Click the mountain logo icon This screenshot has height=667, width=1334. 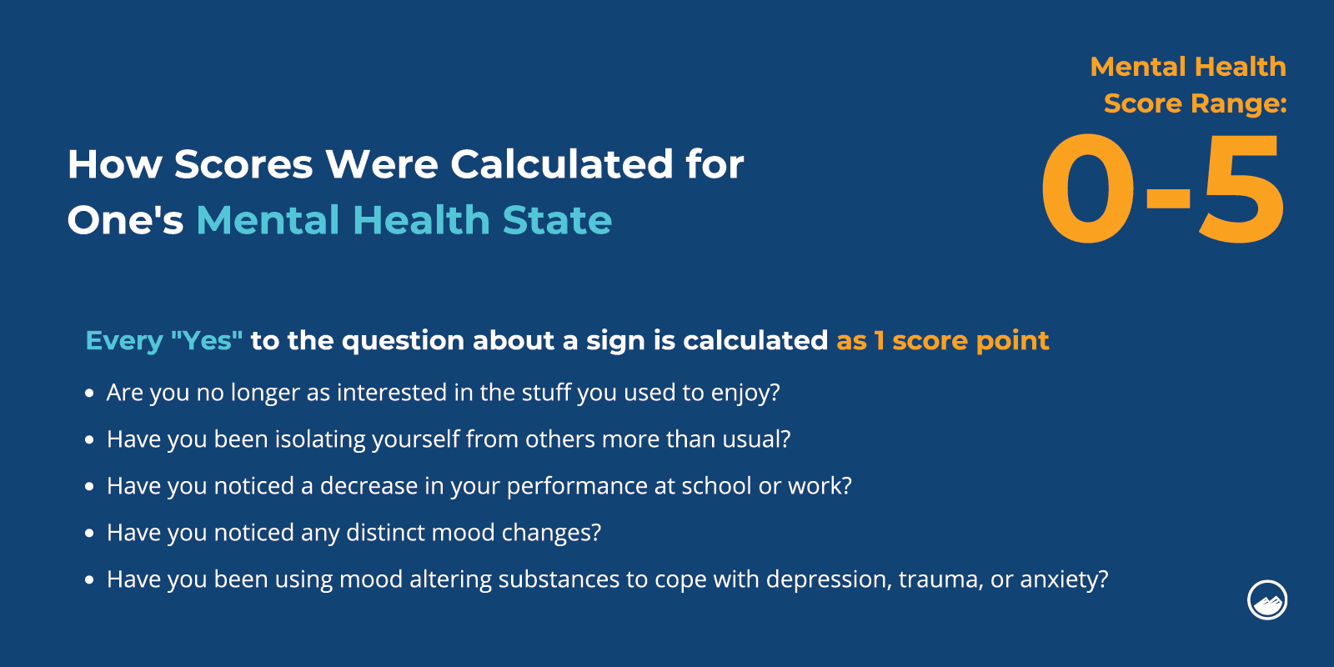coord(1266,599)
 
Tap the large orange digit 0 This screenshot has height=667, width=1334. coord(1088,188)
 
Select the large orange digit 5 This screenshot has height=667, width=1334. coord(1241,188)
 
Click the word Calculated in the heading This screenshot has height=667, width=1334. coord(561,163)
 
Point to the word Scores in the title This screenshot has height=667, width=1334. coord(243,163)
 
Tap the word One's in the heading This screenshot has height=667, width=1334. coord(125,219)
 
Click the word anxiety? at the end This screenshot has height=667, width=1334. coord(1064,579)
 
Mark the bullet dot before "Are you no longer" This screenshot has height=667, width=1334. coord(89,393)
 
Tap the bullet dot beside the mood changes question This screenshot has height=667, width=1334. coord(89,533)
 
